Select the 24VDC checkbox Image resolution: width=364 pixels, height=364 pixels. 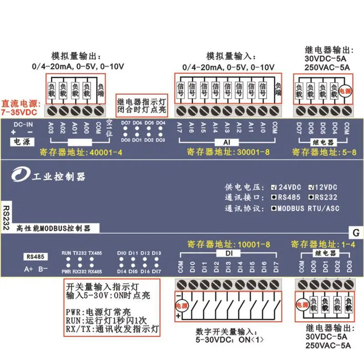[x=273, y=187]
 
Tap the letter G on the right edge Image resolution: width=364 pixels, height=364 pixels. [x=356, y=233]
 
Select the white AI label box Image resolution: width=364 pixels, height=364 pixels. [x=226, y=142]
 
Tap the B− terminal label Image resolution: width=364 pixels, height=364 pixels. [x=43, y=268]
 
